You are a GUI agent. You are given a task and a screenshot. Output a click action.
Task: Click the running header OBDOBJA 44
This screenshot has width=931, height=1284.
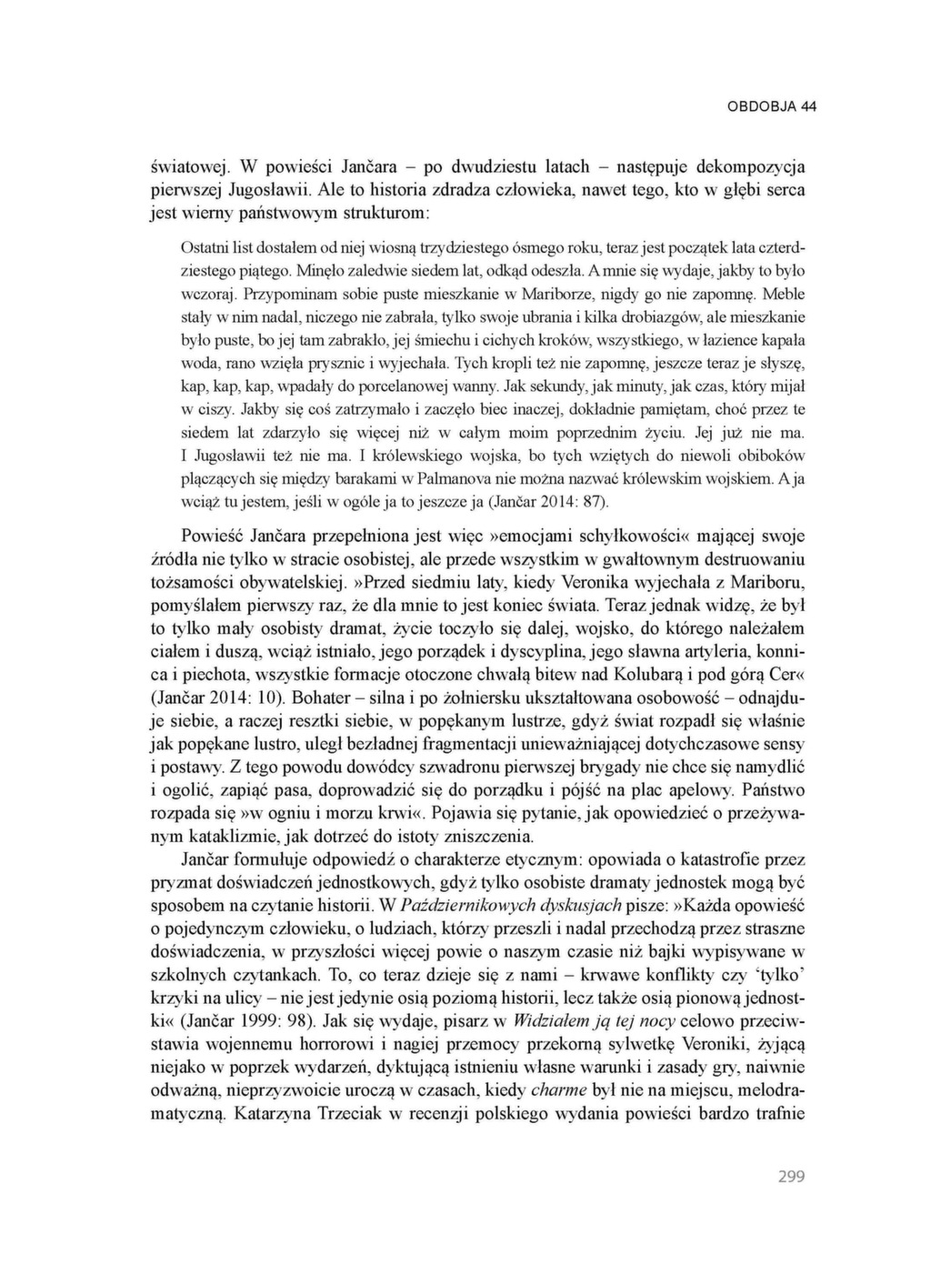tap(771, 106)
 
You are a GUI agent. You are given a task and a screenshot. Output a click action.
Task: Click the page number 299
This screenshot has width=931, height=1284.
tap(791, 1177)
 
